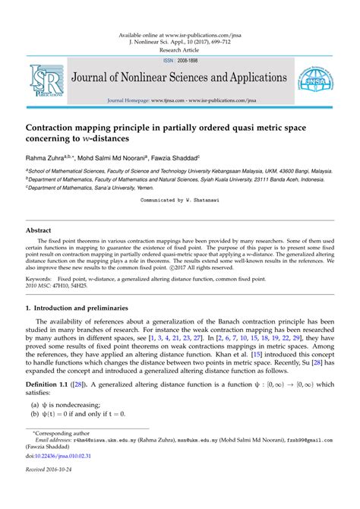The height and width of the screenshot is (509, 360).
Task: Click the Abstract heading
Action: [39, 229]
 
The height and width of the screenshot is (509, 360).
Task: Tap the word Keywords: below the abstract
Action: [43, 279]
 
